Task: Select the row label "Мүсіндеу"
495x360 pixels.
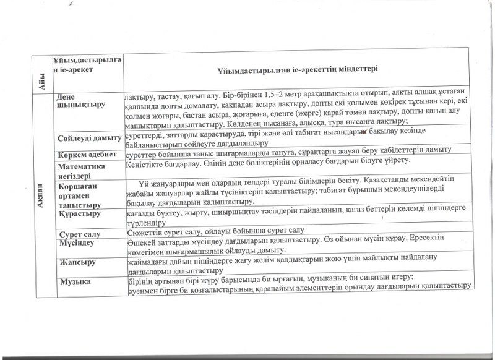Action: (77, 244)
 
